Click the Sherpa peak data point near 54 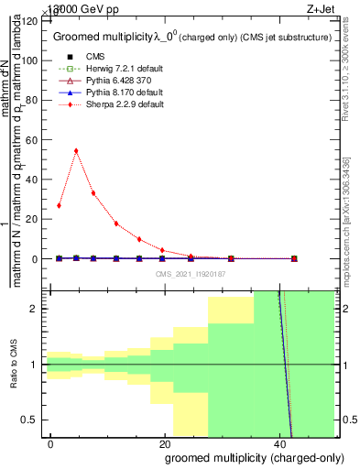(76, 150)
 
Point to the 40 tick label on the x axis (280, 443)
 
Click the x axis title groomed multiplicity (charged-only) (250, 457)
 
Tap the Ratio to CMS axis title (13, 365)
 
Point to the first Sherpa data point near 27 (59, 205)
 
